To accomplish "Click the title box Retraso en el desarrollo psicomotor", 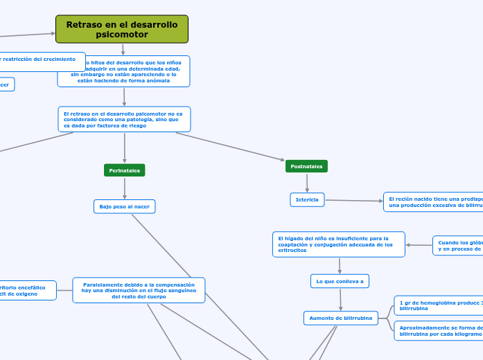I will (122, 29).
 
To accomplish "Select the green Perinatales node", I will (125, 170).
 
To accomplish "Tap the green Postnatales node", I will (306, 166).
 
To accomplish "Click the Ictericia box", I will (307, 200).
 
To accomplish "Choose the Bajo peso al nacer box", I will (125, 206).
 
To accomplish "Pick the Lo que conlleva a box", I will (340, 280).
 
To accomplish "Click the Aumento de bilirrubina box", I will (341, 318).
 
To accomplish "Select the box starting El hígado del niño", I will (339, 244).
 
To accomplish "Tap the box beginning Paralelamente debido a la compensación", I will (139, 290).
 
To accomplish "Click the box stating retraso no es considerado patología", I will (124, 119).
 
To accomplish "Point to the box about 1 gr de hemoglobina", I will (439, 305).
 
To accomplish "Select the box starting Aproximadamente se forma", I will (439, 330).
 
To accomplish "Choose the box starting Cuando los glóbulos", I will (458, 246).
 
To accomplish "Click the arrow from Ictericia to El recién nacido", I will (353, 201).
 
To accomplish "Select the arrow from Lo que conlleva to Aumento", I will (340, 300).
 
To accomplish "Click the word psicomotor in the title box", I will (122, 35).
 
